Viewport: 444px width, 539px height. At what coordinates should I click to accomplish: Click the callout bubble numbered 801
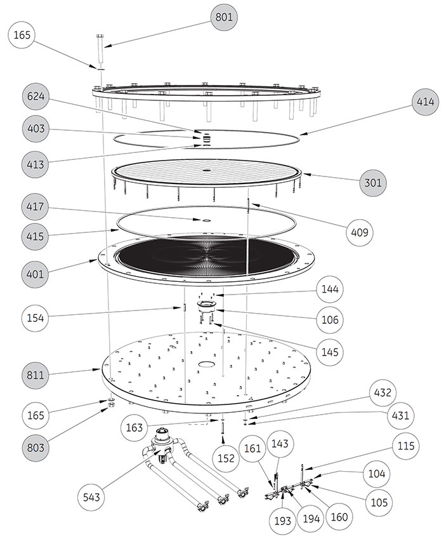pyautogui.click(x=223, y=17)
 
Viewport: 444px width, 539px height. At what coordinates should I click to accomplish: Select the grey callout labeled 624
pyautogui.click(x=36, y=96)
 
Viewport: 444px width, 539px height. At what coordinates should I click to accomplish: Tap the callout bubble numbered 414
pyautogui.click(x=425, y=102)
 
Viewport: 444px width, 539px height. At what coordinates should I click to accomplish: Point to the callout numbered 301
pyautogui.click(x=373, y=183)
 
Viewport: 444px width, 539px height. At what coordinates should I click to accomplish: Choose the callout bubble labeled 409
pyautogui.click(x=359, y=232)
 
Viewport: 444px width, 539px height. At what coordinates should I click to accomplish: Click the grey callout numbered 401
pyautogui.click(x=35, y=274)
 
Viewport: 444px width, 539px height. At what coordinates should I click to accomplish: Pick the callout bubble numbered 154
pyautogui.click(x=35, y=317)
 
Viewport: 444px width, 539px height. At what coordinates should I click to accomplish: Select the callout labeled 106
pyautogui.click(x=330, y=320)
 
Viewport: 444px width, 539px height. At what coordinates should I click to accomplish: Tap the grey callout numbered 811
pyautogui.click(x=35, y=375)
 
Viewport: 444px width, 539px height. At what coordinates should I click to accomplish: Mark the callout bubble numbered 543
pyautogui.click(x=91, y=497)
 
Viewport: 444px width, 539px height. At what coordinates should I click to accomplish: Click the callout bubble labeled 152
pyautogui.click(x=226, y=458)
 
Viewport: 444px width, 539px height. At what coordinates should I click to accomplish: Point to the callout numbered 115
pyautogui.click(x=406, y=446)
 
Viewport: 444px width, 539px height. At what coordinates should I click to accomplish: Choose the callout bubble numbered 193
pyautogui.click(x=282, y=521)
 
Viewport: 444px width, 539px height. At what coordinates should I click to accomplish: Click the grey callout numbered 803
pyautogui.click(x=35, y=448)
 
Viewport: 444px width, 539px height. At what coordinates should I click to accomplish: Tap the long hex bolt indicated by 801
pyautogui.click(x=100, y=48)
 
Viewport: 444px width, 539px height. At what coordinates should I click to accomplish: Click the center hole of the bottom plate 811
pyautogui.click(x=206, y=364)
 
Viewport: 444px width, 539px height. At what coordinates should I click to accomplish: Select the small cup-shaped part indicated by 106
pyautogui.click(x=206, y=305)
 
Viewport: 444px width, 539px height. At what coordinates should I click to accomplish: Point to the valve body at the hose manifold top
pyautogui.click(x=161, y=443)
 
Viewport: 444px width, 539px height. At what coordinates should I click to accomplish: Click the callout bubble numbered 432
pyautogui.click(x=382, y=392)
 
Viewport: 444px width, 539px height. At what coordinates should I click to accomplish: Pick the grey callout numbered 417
pyautogui.click(x=35, y=206)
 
